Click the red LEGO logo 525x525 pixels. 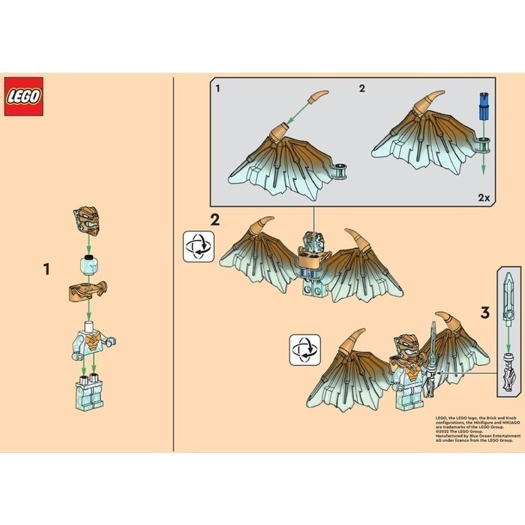[x=23, y=96]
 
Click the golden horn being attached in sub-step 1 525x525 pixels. [x=317, y=97]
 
